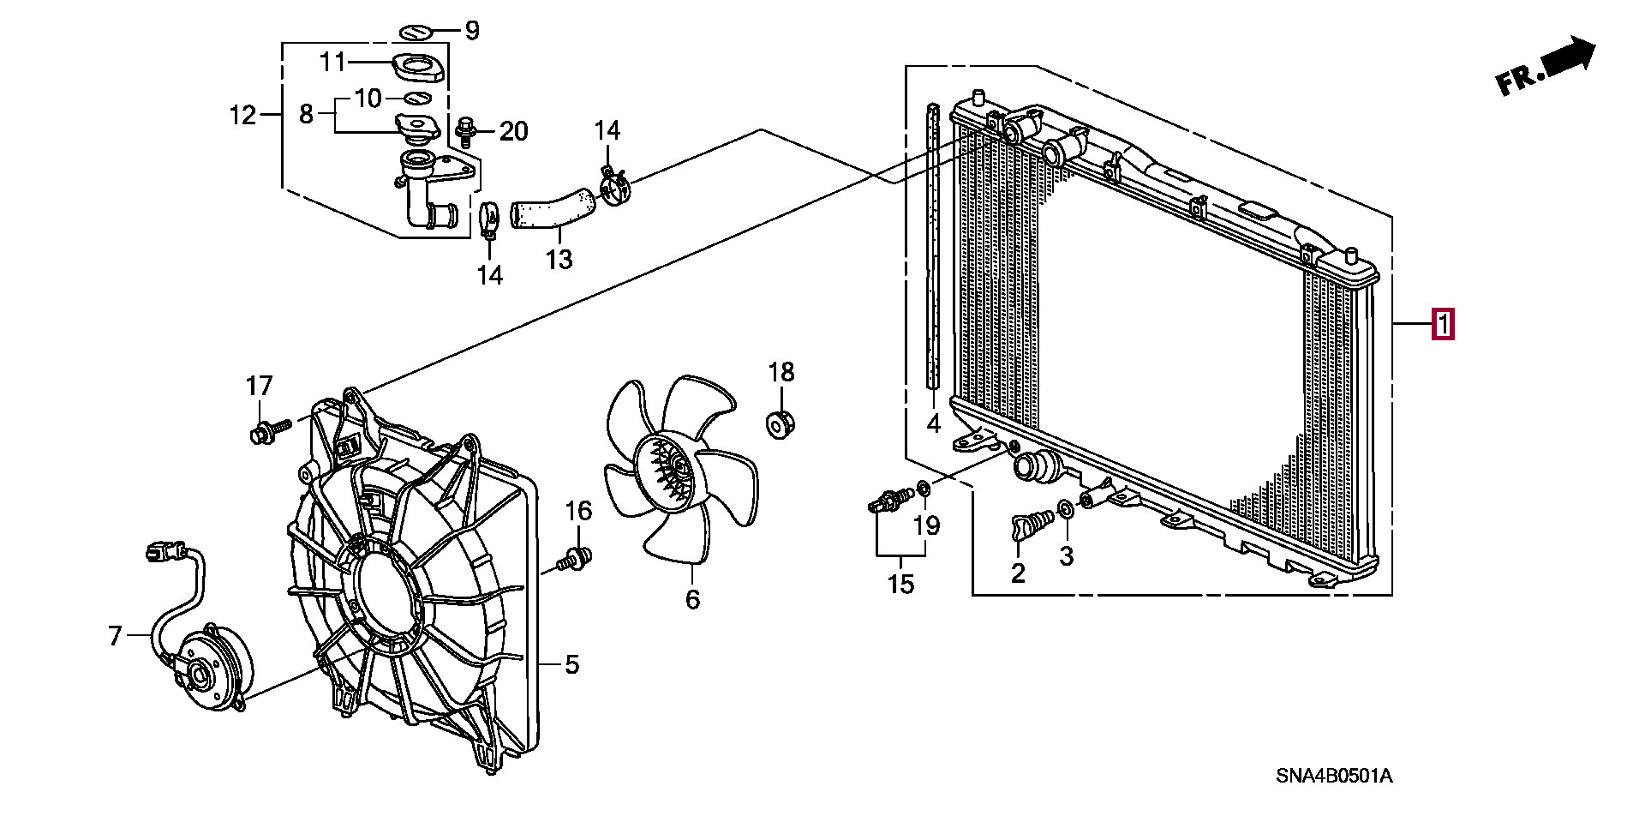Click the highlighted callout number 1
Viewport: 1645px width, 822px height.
click(1443, 325)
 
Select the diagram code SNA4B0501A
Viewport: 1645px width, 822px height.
click(1334, 777)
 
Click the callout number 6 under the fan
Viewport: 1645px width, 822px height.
click(692, 599)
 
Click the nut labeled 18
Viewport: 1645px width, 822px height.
click(779, 424)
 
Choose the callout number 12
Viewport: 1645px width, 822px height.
click(242, 114)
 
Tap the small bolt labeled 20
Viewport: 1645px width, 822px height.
click(466, 132)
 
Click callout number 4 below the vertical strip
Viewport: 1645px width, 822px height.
click(934, 423)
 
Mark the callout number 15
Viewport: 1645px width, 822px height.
click(900, 584)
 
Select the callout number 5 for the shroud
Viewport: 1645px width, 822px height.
click(571, 664)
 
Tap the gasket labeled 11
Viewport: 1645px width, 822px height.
click(418, 67)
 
